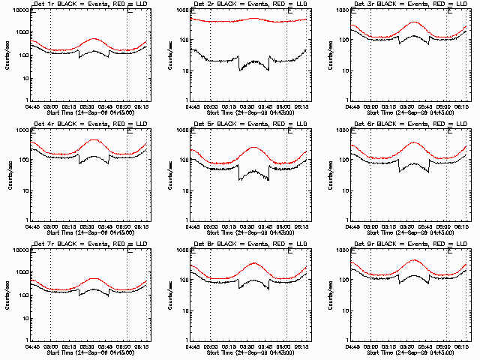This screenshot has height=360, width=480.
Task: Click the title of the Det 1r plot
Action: point(89,6)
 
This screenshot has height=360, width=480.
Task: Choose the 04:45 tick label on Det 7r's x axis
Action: point(32,346)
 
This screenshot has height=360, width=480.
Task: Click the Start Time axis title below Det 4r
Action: point(89,232)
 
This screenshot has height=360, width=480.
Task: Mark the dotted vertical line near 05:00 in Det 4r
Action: point(51,172)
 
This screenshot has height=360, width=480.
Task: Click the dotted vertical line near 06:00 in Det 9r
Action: point(448,292)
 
